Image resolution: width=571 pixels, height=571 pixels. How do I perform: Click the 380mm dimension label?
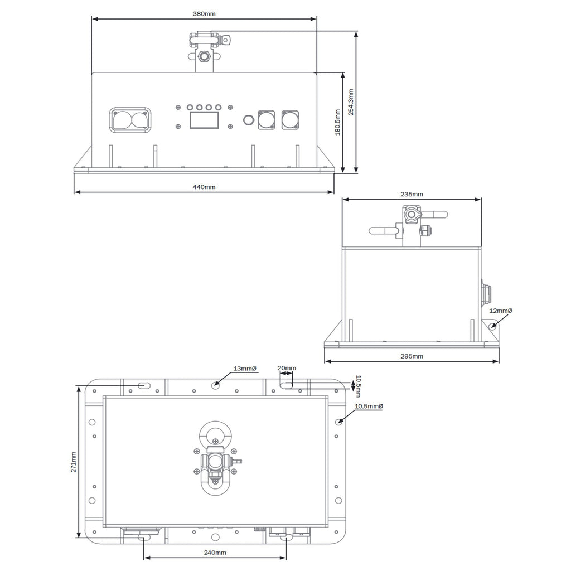[x=204, y=14]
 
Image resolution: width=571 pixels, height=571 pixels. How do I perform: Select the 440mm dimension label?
[x=204, y=187]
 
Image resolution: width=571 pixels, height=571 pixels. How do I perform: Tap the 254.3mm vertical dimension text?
[x=351, y=102]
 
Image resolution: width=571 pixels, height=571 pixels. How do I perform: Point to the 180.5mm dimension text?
[x=337, y=122]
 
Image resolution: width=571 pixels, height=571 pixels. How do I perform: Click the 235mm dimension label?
[x=412, y=195]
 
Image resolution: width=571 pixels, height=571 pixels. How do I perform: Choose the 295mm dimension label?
[x=412, y=356]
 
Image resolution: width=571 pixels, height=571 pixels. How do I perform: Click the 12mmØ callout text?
[x=500, y=311]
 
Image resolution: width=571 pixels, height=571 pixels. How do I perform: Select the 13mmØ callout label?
[x=245, y=369]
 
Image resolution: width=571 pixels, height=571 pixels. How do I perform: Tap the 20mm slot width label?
[x=287, y=368]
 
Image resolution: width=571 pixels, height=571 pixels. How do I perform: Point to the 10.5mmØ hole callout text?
[x=369, y=406]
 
